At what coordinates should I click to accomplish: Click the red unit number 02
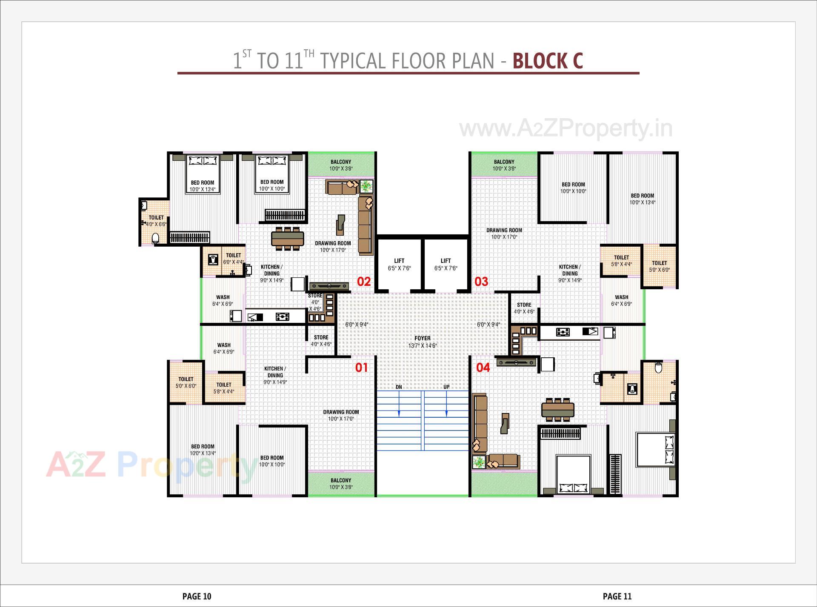pos(364,282)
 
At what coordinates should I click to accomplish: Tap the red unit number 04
pos(483,368)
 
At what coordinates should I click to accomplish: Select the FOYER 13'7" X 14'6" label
pos(422,342)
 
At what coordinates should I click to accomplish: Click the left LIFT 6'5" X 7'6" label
pos(399,265)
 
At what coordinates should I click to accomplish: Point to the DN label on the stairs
pos(399,387)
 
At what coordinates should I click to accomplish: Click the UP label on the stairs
pos(446,387)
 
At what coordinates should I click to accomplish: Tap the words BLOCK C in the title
pos(547,61)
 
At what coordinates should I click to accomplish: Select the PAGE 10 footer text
pos(197,596)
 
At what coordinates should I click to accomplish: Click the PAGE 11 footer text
pos(617,596)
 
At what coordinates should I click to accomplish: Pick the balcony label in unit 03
pos(504,165)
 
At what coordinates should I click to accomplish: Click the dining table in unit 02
pos(288,238)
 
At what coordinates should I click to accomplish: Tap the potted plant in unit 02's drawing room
pos(366,186)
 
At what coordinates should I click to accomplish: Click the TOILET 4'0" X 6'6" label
pos(156,221)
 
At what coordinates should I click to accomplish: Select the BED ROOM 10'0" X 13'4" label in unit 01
pos(203,450)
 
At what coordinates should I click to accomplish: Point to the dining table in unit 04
pos(557,410)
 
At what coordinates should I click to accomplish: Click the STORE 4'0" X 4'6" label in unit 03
pos(524,308)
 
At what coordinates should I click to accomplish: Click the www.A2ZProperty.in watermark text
pos(566,128)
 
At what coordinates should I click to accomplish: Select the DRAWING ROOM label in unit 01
pos(341,415)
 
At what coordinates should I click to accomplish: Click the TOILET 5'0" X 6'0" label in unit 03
pos(659,266)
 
